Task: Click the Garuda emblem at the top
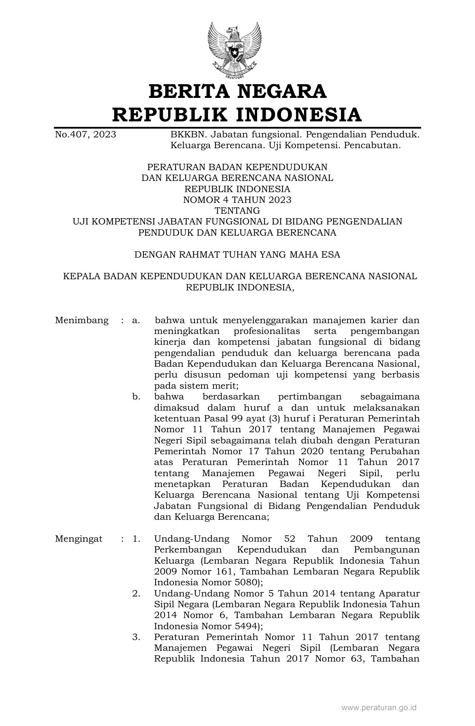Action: [234, 51]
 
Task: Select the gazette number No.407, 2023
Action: [85, 134]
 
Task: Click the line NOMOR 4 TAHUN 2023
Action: [237, 200]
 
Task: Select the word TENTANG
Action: [237, 211]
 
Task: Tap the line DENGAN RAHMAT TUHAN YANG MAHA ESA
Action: [237, 255]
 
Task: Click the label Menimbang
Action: [82, 320]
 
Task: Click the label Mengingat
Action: [79, 539]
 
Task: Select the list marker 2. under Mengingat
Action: [136, 593]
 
